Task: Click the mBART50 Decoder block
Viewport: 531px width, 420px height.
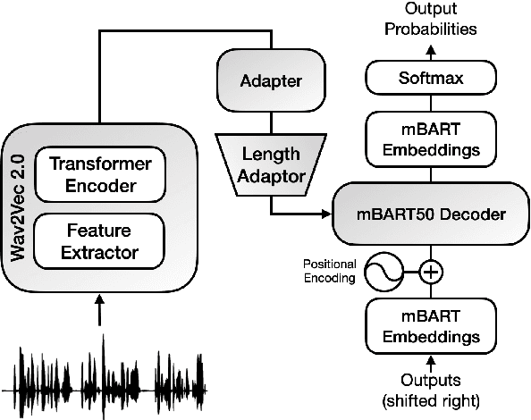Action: coord(430,214)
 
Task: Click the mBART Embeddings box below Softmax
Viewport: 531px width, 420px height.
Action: coord(431,139)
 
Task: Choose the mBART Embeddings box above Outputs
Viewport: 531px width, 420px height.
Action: coord(431,327)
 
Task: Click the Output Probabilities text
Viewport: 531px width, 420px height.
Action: coord(430,20)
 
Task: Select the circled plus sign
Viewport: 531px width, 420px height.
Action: coord(431,271)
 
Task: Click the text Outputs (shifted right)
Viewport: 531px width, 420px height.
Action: coord(431,389)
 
